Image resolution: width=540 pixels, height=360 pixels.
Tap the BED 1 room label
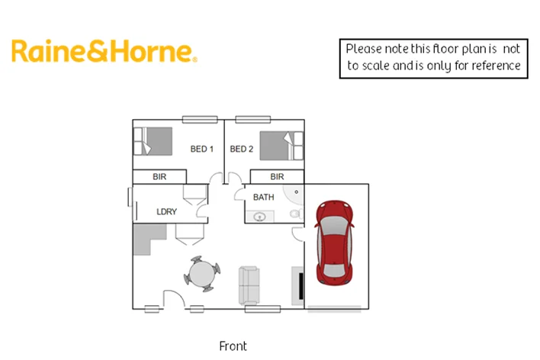pyautogui.click(x=201, y=149)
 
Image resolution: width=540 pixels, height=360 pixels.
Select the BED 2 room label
pyautogui.click(x=241, y=149)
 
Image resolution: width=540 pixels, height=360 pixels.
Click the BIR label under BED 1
pyautogui.click(x=159, y=177)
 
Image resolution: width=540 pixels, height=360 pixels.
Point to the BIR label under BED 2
pyautogui.click(x=277, y=177)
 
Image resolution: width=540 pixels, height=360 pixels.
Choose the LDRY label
pyautogui.click(x=166, y=212)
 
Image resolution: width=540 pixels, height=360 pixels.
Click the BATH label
pyautogui.click(x=264, y=198)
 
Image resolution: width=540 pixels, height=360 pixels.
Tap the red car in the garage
pyautogui.click(x=334, y=241)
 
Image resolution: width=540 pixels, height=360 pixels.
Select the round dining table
pyautogui.click(x=203, y=274)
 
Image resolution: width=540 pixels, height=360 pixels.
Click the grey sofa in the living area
pyautogui.click(x=249, y=284)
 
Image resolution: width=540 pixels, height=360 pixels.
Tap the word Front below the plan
pyautogui.click(x=233, y=346)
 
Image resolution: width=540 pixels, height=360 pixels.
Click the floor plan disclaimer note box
pyautogui.click(x=434, y=58)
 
